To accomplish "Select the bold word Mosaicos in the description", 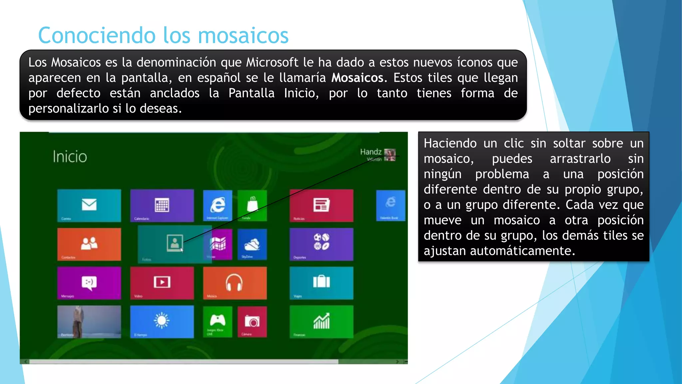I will click(x=357, y=78).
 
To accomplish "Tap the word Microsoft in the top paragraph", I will click(x=272, y=62).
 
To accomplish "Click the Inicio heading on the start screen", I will click(x=70, y=157).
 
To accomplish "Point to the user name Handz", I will click(x=371, y=152).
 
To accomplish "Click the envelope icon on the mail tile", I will click(x=89, y=204).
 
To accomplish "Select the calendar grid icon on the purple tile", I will click(x=162, y=205).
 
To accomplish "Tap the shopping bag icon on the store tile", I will click(x=252, y=204).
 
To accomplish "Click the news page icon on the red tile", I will click(x=321, y=205).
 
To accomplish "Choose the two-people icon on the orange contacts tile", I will click(x=89, y=243).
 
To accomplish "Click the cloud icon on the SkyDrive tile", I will click(x=252, y=244).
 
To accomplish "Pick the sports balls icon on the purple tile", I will click(x=321, y=242).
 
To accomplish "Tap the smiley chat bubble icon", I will click(x=89, y=283).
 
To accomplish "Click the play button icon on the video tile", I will click(x=162, y=282).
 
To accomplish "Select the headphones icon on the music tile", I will click(x=234, y=282).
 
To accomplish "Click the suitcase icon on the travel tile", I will click(x=321, y=282).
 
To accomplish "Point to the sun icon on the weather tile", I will click(x=162, y=321).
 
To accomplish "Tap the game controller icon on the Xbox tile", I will click(x=217, y=320).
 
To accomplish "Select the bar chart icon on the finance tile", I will click(x=321, y=321).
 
